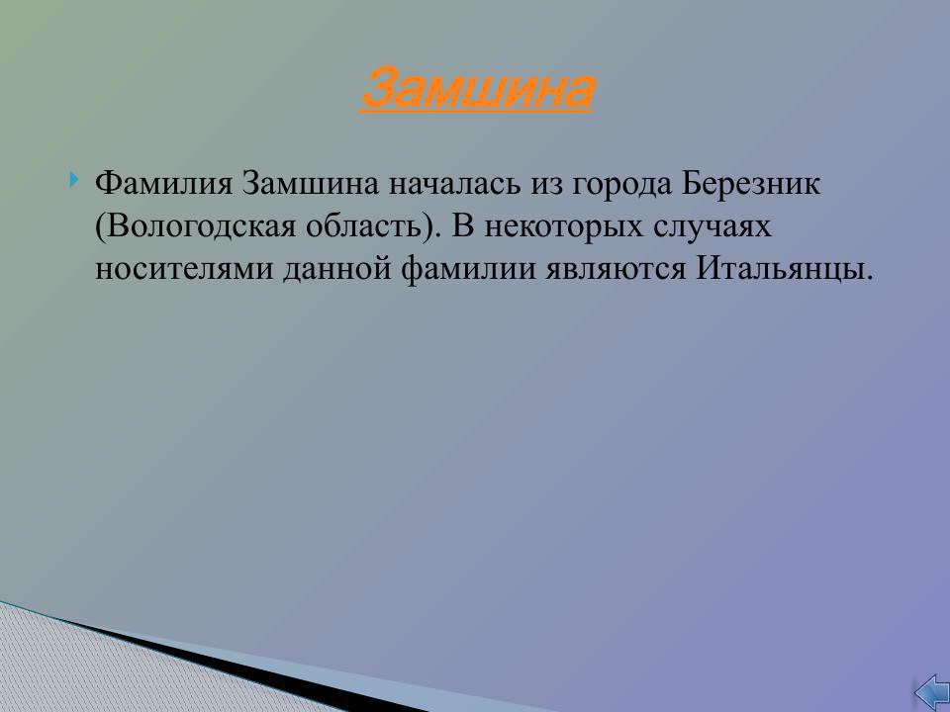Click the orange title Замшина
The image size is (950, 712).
(477, 90)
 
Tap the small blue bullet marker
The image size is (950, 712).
(75, 180)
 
